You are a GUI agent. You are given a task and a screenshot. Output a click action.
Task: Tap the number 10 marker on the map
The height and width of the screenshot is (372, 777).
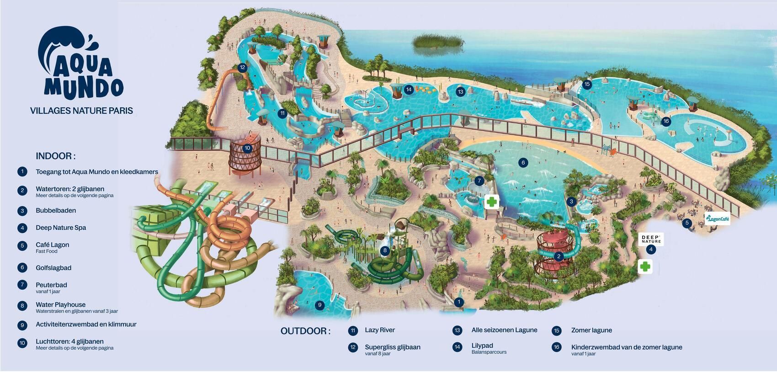click(x=247, y=148)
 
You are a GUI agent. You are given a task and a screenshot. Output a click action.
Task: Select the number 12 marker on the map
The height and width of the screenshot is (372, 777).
click(x=242, y=68)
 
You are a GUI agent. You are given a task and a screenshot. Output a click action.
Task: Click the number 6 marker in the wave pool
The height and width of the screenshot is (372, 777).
click(x=523, y=162)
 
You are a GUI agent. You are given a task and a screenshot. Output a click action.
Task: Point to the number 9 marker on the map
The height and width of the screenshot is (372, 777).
click(x=320, y=305)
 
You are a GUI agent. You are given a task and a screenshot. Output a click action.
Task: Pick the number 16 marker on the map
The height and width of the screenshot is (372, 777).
click(x=666, y=121)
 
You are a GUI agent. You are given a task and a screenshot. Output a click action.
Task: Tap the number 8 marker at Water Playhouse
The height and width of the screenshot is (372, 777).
click(x=385, y=250)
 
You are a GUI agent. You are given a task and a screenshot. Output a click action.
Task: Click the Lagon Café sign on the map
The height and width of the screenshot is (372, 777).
click(x=718, y=219)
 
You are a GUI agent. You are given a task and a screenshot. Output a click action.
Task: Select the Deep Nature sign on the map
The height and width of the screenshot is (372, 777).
click(x=651, y=239)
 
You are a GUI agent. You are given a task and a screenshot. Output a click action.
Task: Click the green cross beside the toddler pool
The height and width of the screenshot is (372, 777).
click(x=492, y=202)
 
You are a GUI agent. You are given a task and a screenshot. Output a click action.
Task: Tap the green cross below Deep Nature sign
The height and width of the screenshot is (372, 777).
click(x=644, y=266)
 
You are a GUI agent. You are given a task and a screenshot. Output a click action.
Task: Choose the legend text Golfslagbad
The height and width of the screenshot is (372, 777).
click(x=53, y=268)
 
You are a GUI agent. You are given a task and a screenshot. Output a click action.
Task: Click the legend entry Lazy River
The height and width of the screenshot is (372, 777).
click(x=379, y=330)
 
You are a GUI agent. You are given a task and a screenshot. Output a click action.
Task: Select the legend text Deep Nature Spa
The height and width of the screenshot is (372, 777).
click(x=61, y=228)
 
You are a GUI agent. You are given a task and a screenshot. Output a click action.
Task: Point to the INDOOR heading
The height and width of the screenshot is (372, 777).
click(x=56, y=156)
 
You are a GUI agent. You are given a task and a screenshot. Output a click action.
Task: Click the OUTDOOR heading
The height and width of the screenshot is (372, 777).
click(x=305, y=331)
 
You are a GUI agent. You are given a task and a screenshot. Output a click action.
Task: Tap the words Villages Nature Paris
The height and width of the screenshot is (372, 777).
click(x=81, y=111)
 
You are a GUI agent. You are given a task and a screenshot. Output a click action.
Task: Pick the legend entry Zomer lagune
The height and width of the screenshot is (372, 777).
click(x=591, y=330)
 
